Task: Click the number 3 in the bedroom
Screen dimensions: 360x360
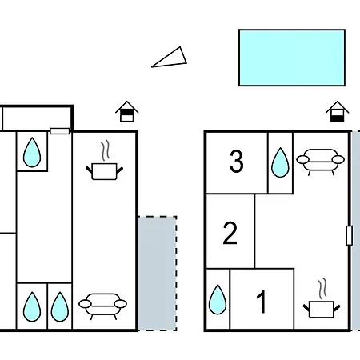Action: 237,162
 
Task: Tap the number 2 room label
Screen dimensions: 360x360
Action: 230,234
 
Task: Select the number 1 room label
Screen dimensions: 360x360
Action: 262,302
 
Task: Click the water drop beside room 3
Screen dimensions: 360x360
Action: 280,162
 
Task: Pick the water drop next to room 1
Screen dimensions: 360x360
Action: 218,299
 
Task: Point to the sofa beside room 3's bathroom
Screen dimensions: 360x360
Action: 320,162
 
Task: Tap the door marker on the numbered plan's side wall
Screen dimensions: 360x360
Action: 349,235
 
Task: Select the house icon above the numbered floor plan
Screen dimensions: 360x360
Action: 338,111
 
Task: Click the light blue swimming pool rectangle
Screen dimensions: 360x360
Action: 292,58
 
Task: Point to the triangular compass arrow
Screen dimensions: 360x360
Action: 170,58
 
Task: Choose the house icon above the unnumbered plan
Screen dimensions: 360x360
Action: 127,111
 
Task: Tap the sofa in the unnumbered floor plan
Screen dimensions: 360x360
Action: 102,306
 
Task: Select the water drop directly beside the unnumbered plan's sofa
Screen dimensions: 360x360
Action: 60,306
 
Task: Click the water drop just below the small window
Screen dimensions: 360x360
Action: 32,152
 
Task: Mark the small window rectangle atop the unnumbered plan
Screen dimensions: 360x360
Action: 60,131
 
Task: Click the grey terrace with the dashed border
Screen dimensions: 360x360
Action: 158,274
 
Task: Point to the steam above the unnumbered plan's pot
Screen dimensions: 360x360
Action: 106,150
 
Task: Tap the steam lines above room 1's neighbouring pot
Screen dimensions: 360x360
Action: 322,288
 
